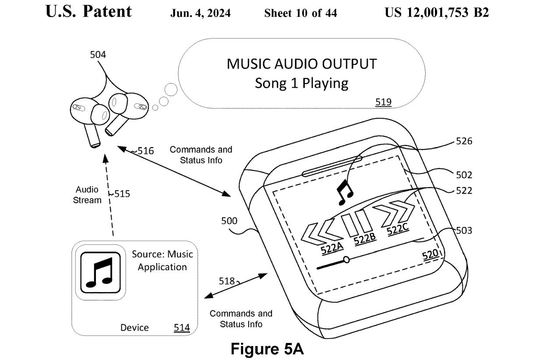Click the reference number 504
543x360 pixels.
click(x=98, y=55)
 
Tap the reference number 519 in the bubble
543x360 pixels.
click(x=383, y=102)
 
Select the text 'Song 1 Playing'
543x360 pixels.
click(x=301, y=83)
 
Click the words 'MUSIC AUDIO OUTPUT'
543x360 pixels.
click(x=301, y=64)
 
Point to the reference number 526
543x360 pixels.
click(x=464, y=141)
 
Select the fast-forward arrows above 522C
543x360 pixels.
click(x=396, y=214)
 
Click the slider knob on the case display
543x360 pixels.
click(x=346, y=260)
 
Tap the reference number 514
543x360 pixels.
click(x=182, y=328)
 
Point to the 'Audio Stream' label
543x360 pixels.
click(x=87, y=195)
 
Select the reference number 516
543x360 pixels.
click(x=145, y=151)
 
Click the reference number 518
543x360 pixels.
click(x=227, y=281)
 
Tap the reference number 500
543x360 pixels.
click(x=229, y=221)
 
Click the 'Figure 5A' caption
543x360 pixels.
click(x=267, y=349)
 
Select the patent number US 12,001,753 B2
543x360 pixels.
click(x=436, y=13)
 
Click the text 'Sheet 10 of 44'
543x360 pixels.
click(x=300, y=13)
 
